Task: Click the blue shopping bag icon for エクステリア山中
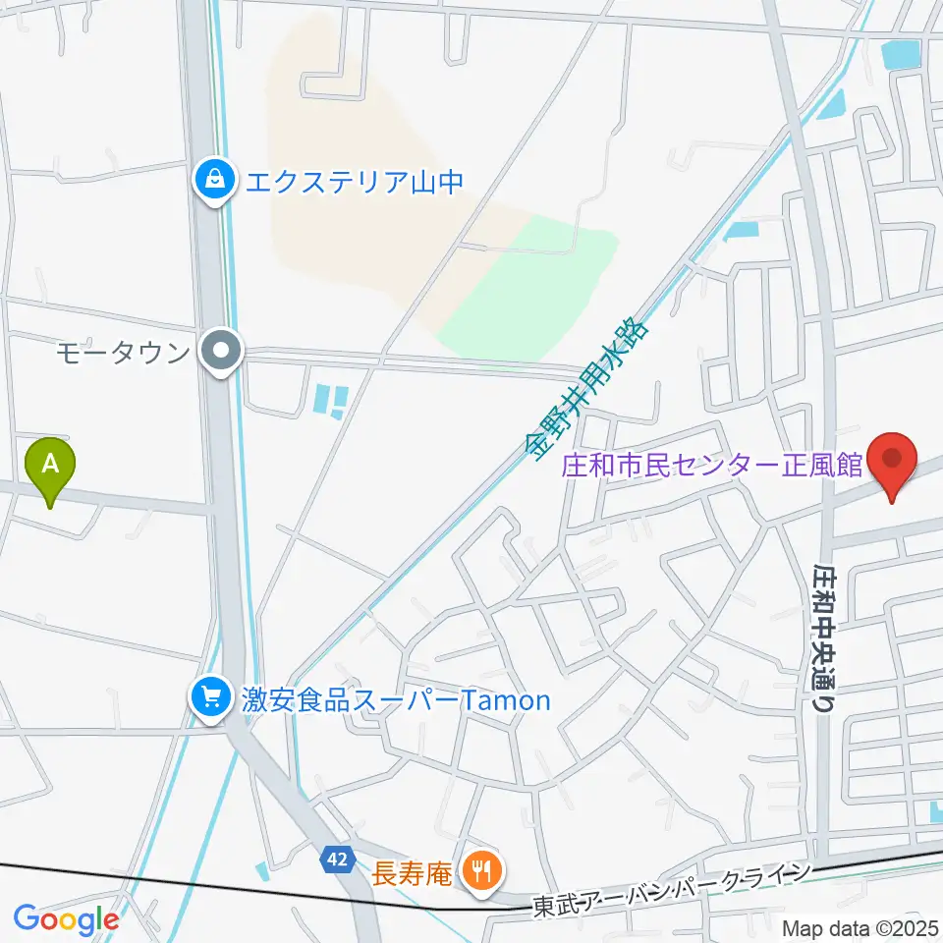pyautogui.click(x=212, y=181)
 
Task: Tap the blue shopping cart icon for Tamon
pyautogui.click(x=210, y=699)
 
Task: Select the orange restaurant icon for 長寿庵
pyautogui.click(x=480, y=869)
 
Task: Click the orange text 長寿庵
pyautogui.click(x=410, y=869)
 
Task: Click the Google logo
pyautogui.click(x=66, y=919)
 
